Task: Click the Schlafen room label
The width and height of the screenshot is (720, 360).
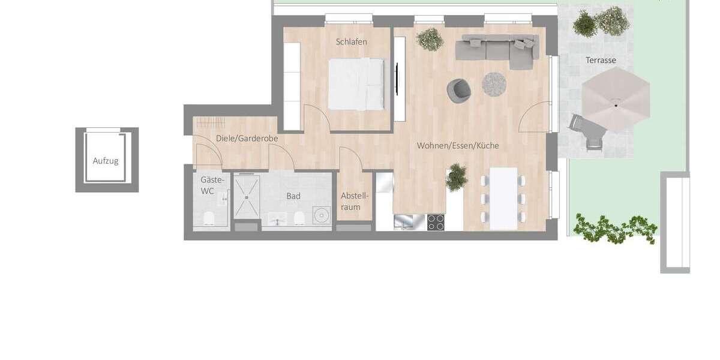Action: [352, 42]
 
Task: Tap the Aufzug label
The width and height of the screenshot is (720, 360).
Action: [106, 161]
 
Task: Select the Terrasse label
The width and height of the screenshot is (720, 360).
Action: [601, 60]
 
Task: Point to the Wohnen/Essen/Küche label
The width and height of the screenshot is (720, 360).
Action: [458, 146]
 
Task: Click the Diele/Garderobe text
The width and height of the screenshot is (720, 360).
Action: [247, 139]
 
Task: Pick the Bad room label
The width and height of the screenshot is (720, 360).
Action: [293, 196]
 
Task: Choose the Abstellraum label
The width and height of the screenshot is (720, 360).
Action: [355, 202]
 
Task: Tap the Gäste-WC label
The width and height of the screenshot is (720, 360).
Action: [212, 185]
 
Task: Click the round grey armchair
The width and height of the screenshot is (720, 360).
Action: [459, 89]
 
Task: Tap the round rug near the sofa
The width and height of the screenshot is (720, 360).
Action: [495, 84]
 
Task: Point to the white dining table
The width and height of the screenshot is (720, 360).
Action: [503, 198]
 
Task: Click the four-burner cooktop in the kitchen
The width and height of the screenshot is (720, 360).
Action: [436, 223]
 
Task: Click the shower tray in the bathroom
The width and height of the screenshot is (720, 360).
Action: [247, 196]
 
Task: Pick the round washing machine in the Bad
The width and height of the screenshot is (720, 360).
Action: [322, 215]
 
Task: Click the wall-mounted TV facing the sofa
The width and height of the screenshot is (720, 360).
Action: [397, 78]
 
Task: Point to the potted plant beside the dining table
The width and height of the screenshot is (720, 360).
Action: [457, 177]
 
